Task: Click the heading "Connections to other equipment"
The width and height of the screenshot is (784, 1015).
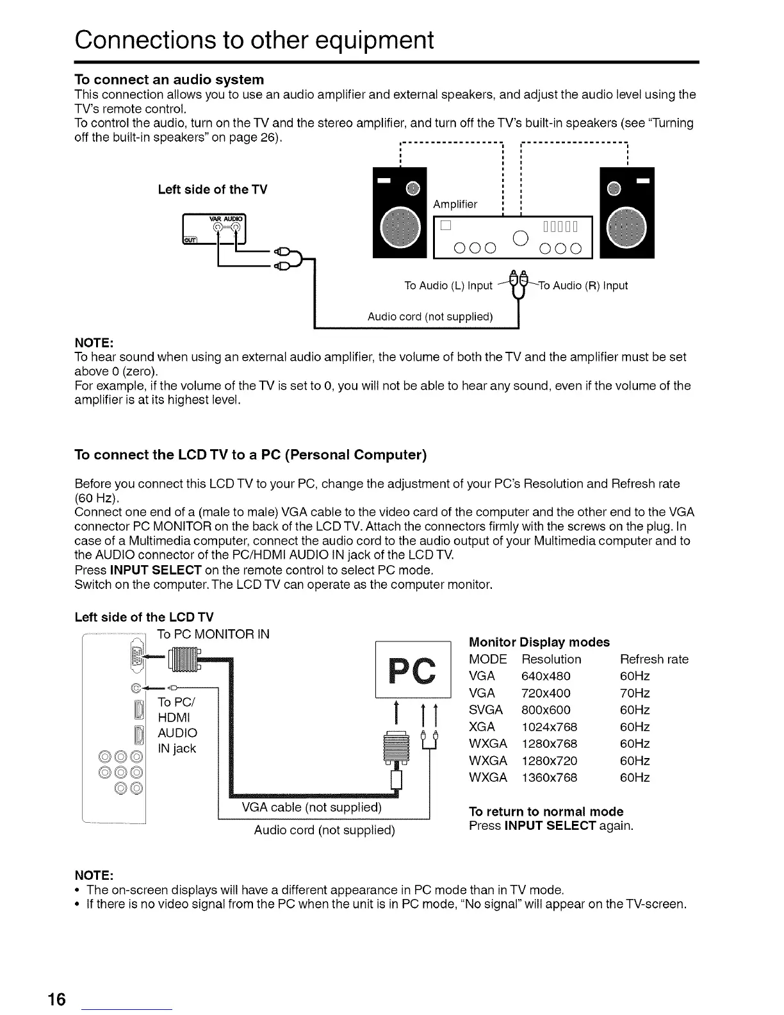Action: click(254, 40)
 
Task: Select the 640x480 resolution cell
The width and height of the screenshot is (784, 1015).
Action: click(546, 676)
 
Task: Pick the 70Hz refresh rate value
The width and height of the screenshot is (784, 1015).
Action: click(635, 693)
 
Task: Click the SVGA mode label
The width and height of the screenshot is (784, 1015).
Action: click(486, 710)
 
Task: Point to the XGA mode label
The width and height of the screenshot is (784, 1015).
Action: click(482, 727)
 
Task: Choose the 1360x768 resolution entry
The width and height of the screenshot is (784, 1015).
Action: click(550, 777)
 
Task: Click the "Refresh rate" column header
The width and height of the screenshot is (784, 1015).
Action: click(654, 659)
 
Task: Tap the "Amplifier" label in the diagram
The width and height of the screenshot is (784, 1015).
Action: click(455, 204)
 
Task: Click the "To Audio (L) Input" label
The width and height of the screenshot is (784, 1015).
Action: click(448, 286)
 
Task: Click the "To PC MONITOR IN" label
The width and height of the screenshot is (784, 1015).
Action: click(213, 634)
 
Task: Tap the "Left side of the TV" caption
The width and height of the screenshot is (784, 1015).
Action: click(213, 190)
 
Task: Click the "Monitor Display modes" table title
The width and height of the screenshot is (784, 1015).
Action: click(539, 642)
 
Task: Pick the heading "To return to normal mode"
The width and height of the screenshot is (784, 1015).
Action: click(546, 811)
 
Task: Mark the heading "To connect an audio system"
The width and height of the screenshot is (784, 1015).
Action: click(169, 79)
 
